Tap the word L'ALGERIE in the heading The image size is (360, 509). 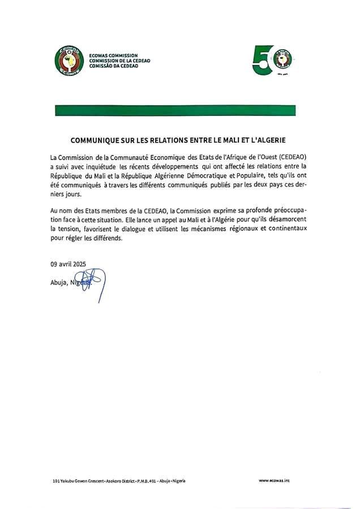pyautogui.click(x=267, y=139)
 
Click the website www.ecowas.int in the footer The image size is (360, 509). pyautogui.click(x=275, y=481)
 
